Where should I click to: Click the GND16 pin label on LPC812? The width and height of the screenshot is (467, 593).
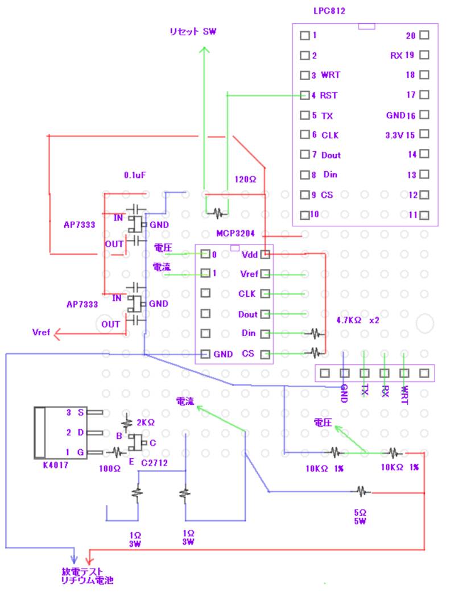click(400, 115)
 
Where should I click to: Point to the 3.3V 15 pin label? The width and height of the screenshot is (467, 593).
click(400, 135)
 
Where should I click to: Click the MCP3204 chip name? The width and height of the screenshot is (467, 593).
click(235, 234)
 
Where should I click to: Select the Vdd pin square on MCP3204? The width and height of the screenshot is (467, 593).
click(265, 255)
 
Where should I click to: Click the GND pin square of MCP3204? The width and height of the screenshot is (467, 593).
click(206, 354)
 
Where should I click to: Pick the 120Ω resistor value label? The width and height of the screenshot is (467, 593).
click(246, 179)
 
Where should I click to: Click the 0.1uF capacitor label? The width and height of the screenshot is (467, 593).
click(135, 175)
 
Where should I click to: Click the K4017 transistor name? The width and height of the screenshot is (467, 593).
click(55, 465)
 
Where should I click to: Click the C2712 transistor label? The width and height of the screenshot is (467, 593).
click(154, 463)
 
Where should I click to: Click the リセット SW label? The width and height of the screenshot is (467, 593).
click(192, 32)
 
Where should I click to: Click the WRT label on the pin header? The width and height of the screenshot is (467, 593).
click(403, 395)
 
